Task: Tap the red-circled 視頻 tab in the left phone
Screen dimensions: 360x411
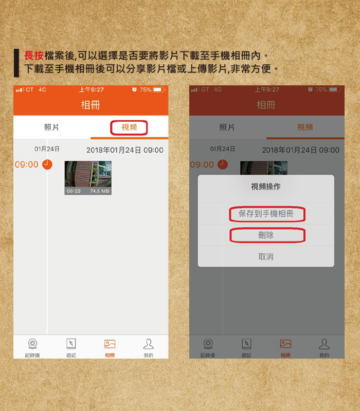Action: pyautogui.click(x=129, y=127)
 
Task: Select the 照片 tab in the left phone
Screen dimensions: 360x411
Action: pyautogui.click(x=51, y=127)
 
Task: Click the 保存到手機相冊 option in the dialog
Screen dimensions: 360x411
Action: pyautogui.click(x=266, y=214)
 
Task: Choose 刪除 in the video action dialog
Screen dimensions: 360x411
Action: pyautogui.click(x=266, y=235)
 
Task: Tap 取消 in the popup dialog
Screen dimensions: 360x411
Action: pyautogui.click(x=266, y=256)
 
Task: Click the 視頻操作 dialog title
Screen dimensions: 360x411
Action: pyautogui.click(x=266, y=186)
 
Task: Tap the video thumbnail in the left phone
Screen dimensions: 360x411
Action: pyautogui.click(x=88, y=178)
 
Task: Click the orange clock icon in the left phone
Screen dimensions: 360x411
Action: pyautogui.click(x=47, y=164)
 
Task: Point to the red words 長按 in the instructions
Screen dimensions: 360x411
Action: pyautogui.click(x=34, y=55)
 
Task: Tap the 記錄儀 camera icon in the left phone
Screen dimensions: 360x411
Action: pyautogui.click(x=32, y=343)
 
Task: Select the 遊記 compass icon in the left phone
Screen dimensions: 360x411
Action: pyautogui.click(x=71, y=344)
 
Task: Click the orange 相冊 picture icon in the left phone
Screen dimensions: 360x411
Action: pyautogui.click(x=110, y=344)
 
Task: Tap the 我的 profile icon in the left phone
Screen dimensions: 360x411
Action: pyautogui.click(x=149, y=344)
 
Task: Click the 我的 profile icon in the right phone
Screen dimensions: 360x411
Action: pyautogui.click(x=325, y=344)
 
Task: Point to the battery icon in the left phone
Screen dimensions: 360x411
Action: pyautogui.click(x=159, y=89)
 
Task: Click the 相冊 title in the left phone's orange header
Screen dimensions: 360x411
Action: pyautogui.click(x=91, y=105)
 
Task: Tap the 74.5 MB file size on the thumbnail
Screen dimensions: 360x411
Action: pyautogui.click(x=100, y=191)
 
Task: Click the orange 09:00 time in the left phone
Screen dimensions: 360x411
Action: pyautogui.click(x=27, y=164)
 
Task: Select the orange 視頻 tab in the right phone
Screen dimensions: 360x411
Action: pyautogui.click(x=305, y=127)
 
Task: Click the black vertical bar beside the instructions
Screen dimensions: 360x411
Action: pyautogui.click(x=16, y=63)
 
